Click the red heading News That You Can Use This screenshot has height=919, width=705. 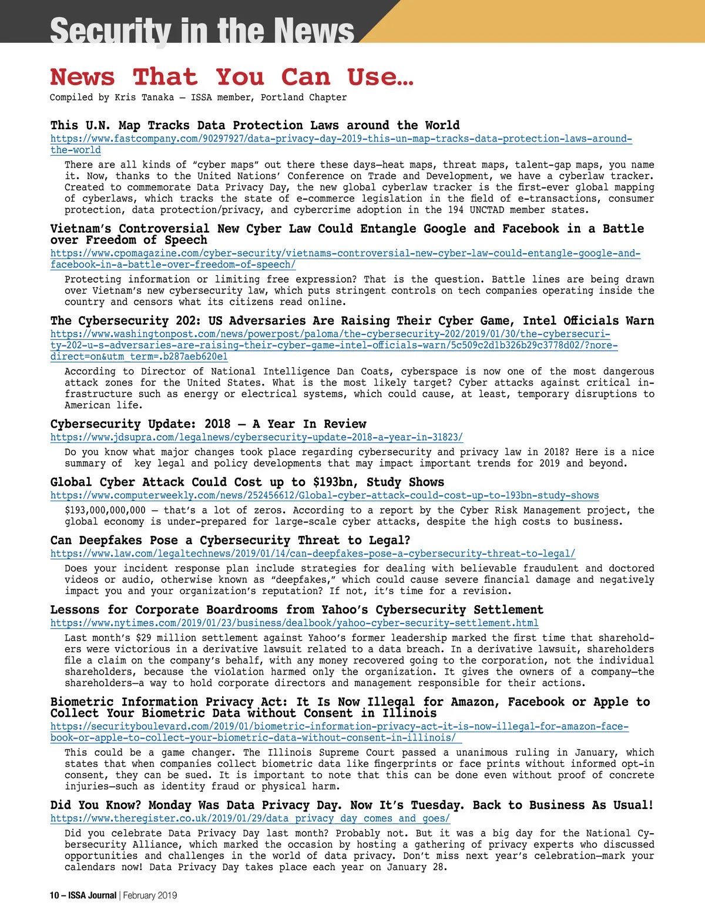click(231, 77)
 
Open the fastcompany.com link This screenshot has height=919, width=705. click(341, 139)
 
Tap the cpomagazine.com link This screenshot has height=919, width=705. click(345, 254)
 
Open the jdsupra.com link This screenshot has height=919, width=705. click(256, 438)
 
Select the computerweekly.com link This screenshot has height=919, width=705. click(324, 496)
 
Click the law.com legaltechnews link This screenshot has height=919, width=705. click(313, 554)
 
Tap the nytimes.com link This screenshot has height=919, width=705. click(294, 623)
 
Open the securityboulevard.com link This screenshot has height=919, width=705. click(339, 727)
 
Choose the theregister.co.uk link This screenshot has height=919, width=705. click(250, 819)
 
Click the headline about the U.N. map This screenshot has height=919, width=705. click(254, 126)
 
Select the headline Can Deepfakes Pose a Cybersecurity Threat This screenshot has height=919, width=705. click(230, 541)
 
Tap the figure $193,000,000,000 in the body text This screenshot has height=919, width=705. click(105, 511)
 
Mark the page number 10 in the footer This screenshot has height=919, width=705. click(54, 895)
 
